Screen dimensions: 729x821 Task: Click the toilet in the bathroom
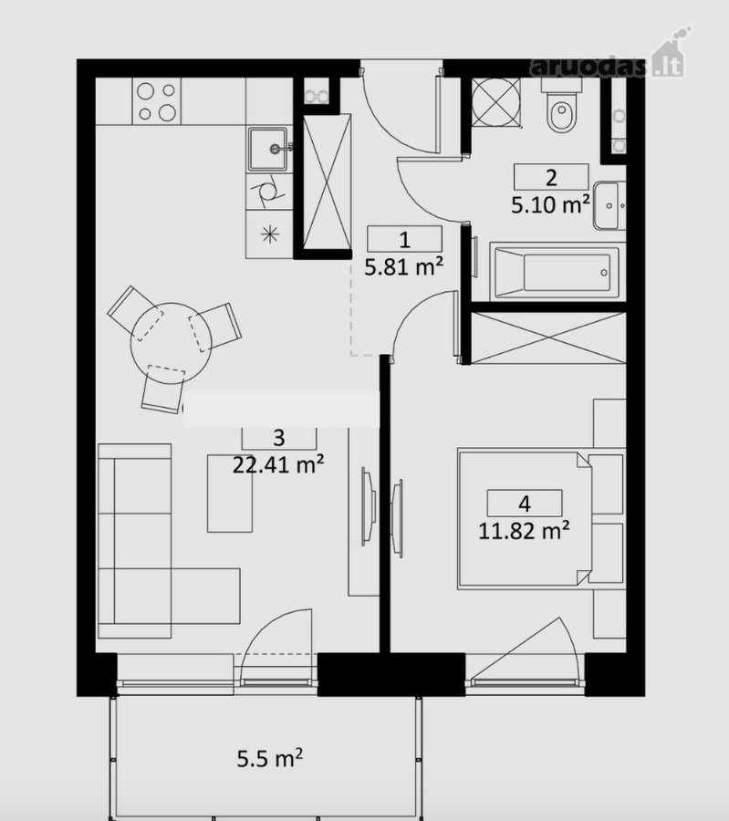562,107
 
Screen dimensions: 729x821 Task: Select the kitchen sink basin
268,150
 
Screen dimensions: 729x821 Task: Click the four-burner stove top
157,101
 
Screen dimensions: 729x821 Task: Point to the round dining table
171,343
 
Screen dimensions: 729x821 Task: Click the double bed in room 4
526,518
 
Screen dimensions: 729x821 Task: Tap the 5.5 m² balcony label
270,758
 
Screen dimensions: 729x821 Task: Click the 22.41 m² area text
278,463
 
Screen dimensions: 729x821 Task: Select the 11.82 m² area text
525,531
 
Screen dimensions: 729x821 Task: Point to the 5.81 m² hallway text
404,267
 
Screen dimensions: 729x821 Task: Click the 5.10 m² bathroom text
551,204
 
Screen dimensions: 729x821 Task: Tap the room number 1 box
404,239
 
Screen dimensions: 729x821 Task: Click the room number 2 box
551,177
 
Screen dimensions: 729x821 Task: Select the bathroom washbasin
610,206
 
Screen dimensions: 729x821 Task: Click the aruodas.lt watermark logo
608,57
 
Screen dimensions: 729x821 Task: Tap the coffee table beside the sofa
230,494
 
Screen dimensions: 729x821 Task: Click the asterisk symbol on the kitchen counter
270,234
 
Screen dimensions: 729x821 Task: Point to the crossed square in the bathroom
496,102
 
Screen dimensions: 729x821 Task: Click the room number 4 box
525,504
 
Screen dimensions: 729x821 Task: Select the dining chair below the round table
163,389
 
